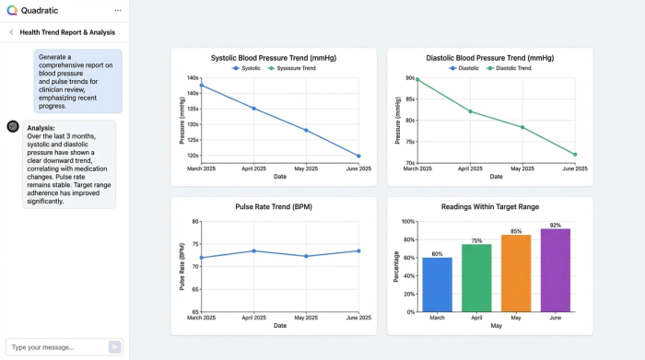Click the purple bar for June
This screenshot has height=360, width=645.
(556, 270)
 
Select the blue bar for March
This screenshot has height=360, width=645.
(437, 285)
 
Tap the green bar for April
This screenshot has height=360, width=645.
(476, 277)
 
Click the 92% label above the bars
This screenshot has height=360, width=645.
(556, 225)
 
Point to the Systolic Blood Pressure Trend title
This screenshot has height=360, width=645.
(273, 57)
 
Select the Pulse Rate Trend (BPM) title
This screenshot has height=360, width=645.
(273, 206)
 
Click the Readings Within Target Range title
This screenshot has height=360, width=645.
(489, 206)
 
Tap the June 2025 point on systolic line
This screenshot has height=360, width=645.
(358, 156)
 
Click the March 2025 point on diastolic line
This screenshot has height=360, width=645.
(417, 79)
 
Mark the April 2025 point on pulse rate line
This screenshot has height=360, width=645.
(254, 250)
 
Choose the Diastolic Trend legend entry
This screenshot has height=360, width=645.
(509, 68)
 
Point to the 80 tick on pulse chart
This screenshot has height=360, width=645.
(195, 222)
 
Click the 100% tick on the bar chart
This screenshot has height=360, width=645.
(407, 222)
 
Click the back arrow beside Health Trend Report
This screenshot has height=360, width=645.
(10, 31)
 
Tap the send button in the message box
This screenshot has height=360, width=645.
(114, 347)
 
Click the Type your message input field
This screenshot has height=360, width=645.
(55, 347)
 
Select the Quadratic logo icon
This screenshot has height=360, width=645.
(11, 10)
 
